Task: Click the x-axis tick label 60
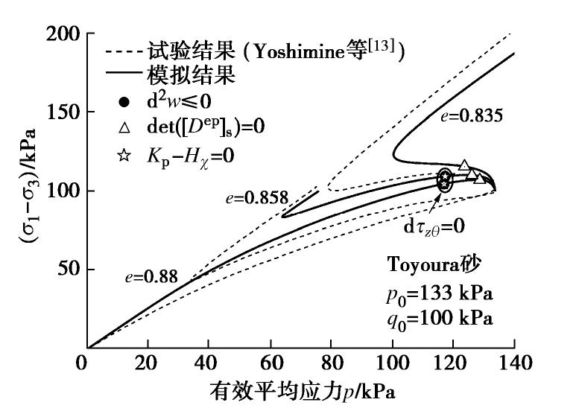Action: tap(270, 364)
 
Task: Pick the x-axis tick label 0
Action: tap(86, 364)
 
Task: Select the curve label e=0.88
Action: tap(151, 277)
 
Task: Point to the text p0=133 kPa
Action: tap(439, 293)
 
